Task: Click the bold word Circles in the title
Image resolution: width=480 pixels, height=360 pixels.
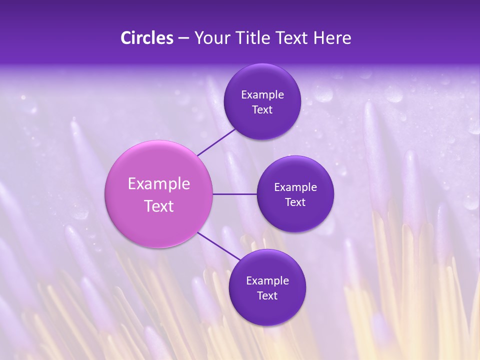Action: click(147, 38)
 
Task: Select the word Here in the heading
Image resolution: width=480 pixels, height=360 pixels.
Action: click(332, 38)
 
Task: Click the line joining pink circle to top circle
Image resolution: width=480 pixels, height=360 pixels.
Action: click(217, 142)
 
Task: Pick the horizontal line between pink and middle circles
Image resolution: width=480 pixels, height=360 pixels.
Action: click(235, 194)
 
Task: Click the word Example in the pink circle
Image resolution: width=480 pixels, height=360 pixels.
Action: click(159, 184)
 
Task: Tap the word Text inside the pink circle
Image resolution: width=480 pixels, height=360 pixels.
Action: click(159, 206)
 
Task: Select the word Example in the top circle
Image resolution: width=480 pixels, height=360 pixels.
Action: click(262, 95)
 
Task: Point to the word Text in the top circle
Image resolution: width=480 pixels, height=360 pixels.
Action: click(262, 110)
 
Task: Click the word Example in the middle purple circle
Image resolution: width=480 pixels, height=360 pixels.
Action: click(295, 187)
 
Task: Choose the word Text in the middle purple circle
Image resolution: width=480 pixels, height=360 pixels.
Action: click(295, 202)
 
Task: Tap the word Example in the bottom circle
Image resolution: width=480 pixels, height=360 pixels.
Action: click(267, 281)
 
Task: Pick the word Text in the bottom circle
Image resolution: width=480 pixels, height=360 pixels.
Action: click(267, 296)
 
